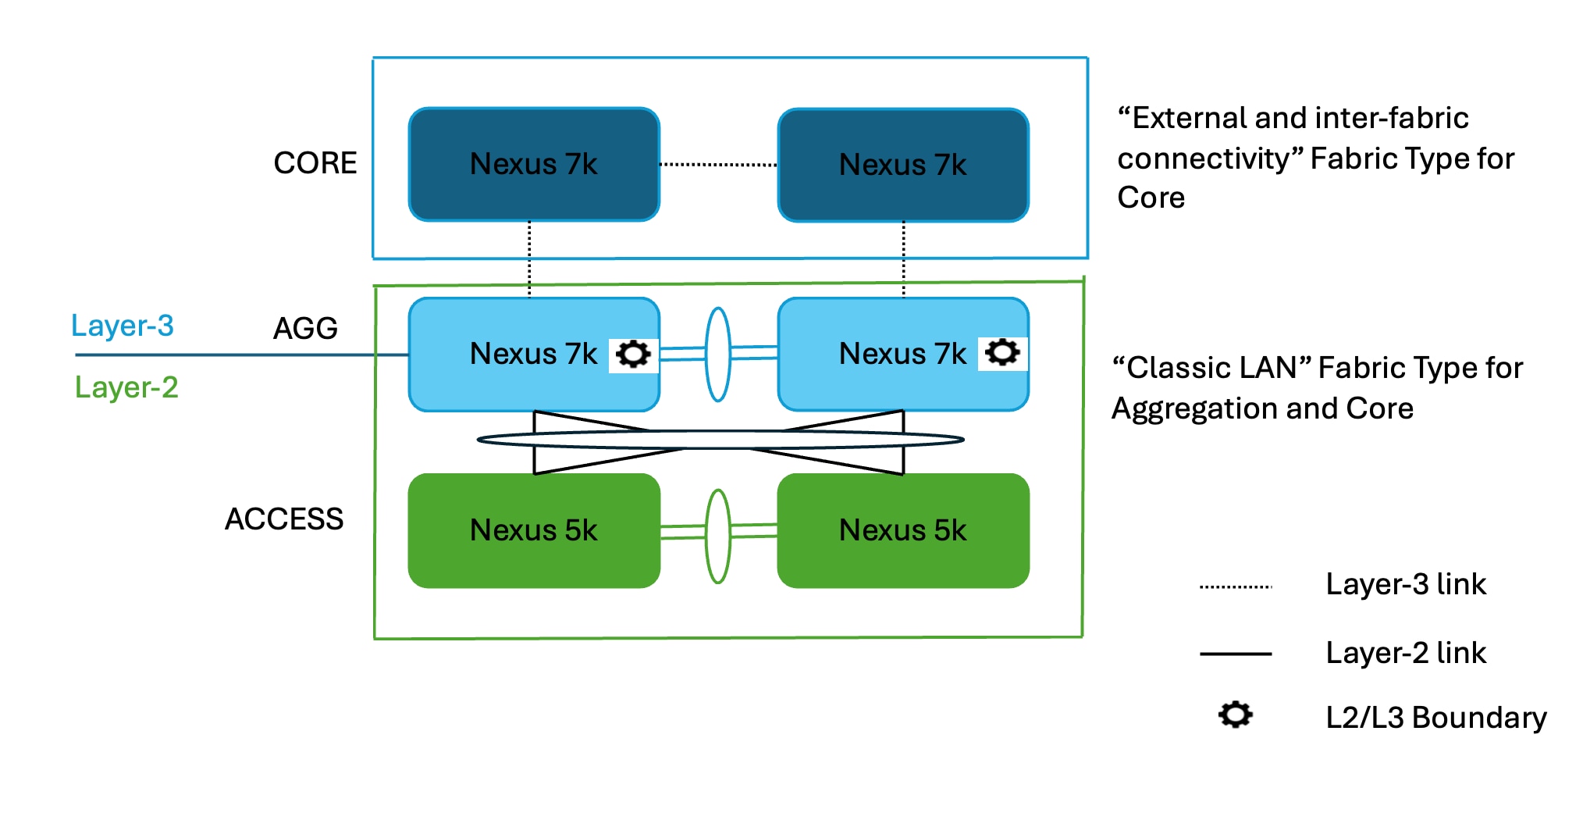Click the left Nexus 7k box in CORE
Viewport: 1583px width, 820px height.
click(x=534, y=164)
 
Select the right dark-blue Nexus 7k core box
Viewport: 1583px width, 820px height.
click(x=903, y=165)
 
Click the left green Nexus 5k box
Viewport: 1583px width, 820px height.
click(x=534, y=530)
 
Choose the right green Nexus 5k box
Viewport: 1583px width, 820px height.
click(x=903, y=530)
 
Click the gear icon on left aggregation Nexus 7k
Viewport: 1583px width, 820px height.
click(x=633, y=354)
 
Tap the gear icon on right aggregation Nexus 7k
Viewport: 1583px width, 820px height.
click(x=1002, y=353)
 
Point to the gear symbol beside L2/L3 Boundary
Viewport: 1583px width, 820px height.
click(x=1235, y=715)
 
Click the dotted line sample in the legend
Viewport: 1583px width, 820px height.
click(x=1236, y=586)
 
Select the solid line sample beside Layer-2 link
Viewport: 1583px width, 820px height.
click(x=1236, y=654)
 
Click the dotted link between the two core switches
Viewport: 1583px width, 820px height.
click(x=718, y=165)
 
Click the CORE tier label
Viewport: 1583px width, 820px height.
click(x=315, y=163)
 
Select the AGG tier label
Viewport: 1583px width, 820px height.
click(x=305, y=328)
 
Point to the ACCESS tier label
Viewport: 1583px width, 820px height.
click(x=284, y=519)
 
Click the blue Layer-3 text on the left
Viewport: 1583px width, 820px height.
click(x=123, y=326)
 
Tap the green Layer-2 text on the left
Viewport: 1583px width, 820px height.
click(x=126, y=387)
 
